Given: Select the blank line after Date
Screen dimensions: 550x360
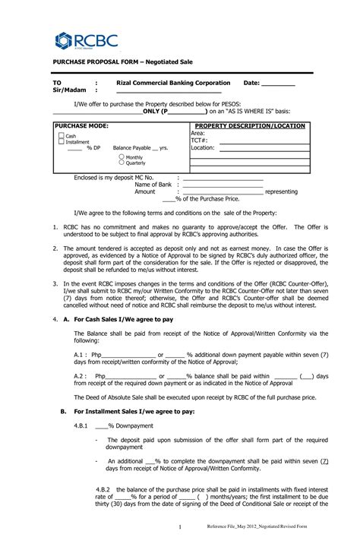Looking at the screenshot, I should coord(278,84).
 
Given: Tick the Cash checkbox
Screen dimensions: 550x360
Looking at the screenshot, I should coord(61,136).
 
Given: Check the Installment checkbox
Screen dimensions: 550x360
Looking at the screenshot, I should coord(61,142).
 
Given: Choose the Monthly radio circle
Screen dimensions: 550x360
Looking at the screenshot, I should coord(121,156).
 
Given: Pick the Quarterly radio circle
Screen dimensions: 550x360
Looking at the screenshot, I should coord(121,163).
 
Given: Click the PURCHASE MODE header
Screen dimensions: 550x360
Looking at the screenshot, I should coord(82,125).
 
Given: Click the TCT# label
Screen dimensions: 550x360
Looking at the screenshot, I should coord(199,141).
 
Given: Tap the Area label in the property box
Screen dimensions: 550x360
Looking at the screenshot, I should coord(198,133).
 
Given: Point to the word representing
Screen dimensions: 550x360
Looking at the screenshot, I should coord(281,192).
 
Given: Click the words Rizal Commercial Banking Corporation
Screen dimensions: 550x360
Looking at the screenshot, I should coord(173,83).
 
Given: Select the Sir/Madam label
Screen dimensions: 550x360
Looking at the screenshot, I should coord(69,90).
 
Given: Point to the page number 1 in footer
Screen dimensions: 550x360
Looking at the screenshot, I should coord(180,527).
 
